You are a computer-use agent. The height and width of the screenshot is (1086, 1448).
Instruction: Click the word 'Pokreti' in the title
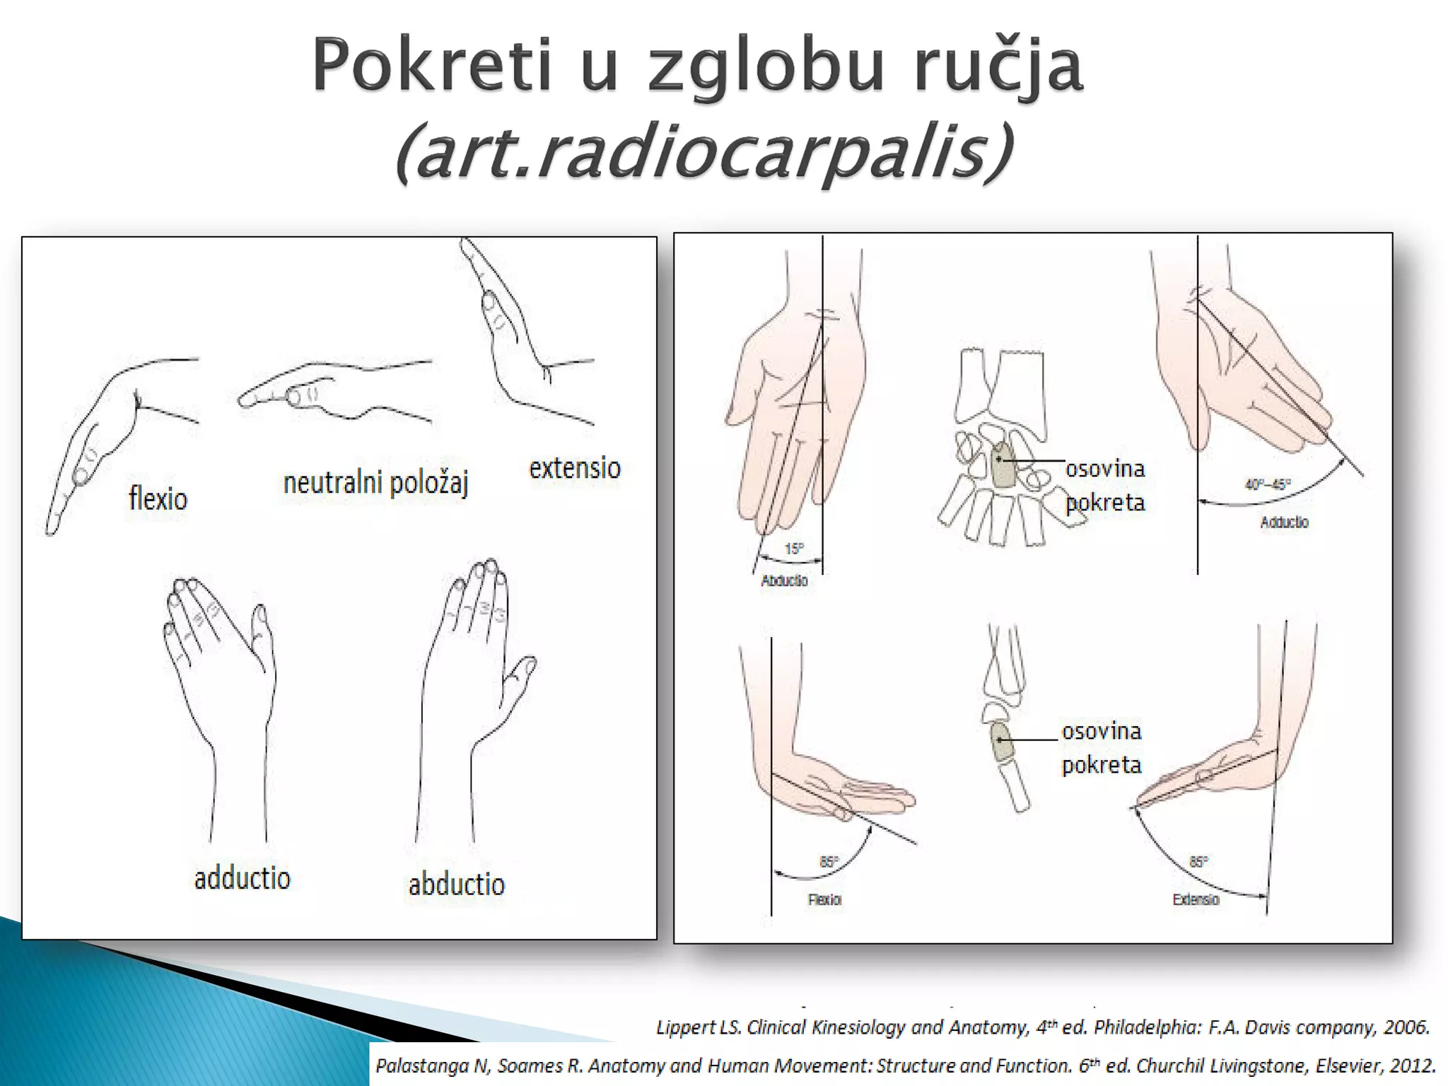pos(431,66)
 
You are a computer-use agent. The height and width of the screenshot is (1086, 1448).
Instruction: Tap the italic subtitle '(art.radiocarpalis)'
pos(703,153)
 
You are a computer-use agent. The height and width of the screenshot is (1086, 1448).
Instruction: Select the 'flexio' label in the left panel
pos(158,499)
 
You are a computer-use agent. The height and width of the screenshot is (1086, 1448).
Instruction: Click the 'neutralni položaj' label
pos(375,484)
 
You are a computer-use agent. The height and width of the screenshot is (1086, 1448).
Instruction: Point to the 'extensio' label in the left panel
pos(575,468)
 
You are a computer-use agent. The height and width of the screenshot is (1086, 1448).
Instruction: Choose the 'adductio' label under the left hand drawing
pos(242,879)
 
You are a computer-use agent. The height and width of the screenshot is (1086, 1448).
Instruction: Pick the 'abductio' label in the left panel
pos(456,884)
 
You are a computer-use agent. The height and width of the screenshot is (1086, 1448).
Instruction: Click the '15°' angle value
pos(794,549)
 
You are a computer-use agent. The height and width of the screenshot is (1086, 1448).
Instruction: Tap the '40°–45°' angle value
pos(1268,485)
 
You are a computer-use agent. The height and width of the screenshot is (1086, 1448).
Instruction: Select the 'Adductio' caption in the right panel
pos(1284,522)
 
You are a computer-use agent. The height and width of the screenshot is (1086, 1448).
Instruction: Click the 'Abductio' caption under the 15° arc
pos(784,581)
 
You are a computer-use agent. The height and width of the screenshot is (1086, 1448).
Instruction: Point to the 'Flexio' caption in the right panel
pos(824,900)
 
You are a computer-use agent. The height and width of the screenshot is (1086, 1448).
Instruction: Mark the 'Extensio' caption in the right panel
pos(1196,900)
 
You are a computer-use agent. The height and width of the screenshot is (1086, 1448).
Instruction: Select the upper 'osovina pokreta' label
pos(1104,485)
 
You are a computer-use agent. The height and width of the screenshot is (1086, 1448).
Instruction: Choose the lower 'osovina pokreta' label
pos(1102,747)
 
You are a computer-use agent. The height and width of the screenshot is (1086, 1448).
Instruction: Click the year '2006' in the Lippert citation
pos(1406,1027)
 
